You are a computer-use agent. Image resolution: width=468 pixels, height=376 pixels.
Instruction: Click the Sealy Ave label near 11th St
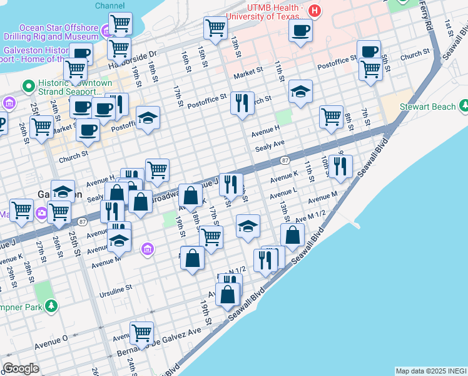[270, 146]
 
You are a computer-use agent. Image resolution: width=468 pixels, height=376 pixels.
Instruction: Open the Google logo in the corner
[21, 368]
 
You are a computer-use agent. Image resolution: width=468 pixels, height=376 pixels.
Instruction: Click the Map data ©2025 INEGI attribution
[430, 371]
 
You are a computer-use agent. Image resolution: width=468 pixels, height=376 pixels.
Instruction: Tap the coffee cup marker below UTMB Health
[301, 29]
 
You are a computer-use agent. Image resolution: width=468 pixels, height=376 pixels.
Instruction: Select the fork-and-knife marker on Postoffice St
[242, 102]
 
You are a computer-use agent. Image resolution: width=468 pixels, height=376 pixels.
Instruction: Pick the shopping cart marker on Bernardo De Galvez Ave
[142, 332]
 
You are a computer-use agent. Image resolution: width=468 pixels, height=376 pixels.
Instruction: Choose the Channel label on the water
[110, 5]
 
